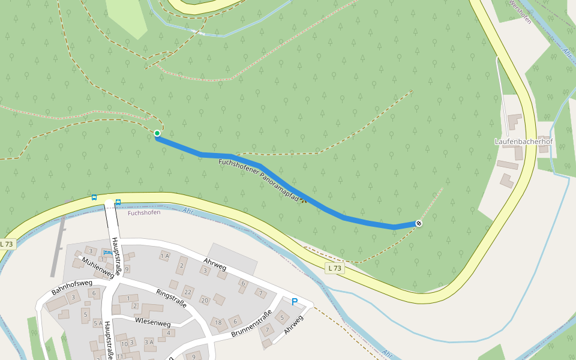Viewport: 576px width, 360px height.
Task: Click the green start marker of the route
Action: point(157,133)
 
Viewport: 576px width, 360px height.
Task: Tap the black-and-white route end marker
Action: point(419,223)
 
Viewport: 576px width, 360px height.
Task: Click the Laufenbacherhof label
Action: point(523,142)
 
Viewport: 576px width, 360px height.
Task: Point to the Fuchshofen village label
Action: point(144,212)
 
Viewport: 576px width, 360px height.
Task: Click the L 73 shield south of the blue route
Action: point(335,268)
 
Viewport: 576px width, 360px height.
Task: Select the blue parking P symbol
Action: point(294,302)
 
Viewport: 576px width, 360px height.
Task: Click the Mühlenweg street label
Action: point(97,268)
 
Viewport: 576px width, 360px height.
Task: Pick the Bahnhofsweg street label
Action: point(71,287)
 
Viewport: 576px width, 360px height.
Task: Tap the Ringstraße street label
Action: point(172,298)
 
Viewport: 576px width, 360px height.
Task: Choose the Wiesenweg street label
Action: point(153,322)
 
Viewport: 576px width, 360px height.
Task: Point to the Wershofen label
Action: point(520,11)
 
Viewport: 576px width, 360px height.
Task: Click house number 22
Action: point(188,292)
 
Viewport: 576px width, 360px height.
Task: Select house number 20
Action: point(205,300)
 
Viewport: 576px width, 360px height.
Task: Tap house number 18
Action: point(218,322)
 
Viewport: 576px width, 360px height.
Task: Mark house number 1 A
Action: point(164,256)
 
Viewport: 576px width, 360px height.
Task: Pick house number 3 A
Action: point(149,342)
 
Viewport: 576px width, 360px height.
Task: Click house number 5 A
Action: point(97,323)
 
